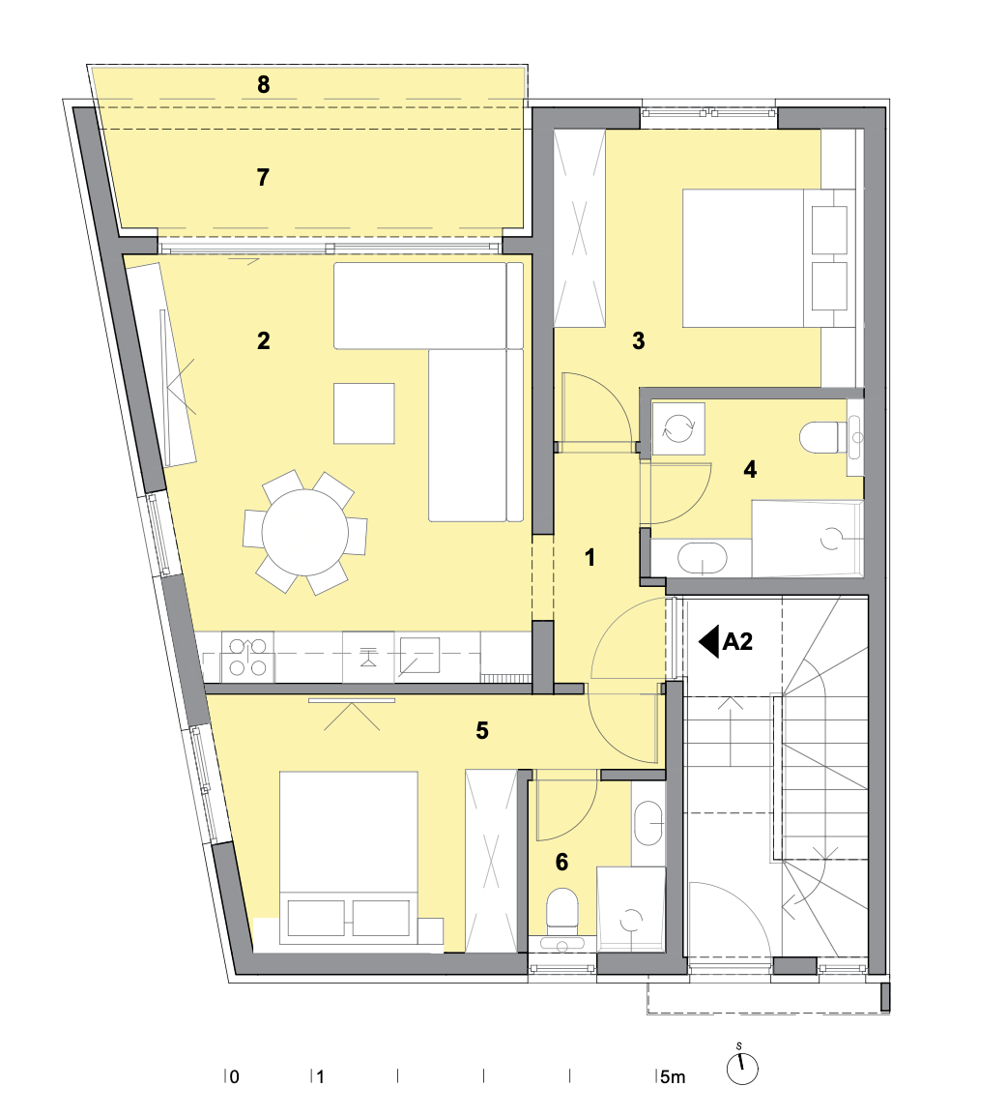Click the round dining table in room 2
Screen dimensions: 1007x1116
[x=305, y=532]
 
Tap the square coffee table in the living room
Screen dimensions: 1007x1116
[x=364, y=414]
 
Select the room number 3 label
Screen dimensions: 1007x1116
[x=639, y=341]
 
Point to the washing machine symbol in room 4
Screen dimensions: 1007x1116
[x=678, y=428]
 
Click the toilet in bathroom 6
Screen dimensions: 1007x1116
[x=562, y=910]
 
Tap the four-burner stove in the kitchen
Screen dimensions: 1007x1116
[x=247, y=657]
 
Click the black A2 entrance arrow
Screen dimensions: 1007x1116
[x=709, y=641]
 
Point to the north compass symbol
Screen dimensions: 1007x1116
[x=742, y=1067]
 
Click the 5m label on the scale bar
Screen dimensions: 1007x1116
[x=672, y=1077]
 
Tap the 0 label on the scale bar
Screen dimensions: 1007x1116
[x=235, y=1077]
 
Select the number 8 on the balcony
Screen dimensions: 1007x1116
[x=263, y=85]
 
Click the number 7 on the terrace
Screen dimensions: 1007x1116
[x=263, y=177]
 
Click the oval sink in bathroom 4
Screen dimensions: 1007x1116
[x=703, y=558]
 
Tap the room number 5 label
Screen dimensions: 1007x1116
[x=482, y=730]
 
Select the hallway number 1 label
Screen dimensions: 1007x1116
[x=590, y=557]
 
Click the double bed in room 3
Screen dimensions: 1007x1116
[x=768, y=257]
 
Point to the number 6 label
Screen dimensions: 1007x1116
[x=561, y=862]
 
